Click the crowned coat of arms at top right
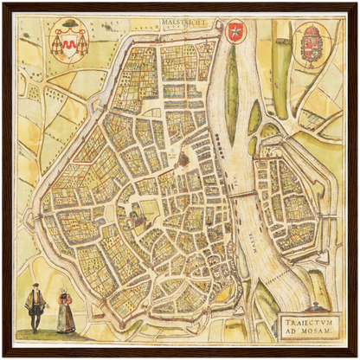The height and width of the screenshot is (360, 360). [309, 45]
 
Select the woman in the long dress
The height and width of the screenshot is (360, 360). [66, 313]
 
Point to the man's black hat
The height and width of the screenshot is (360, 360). [35, 286]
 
